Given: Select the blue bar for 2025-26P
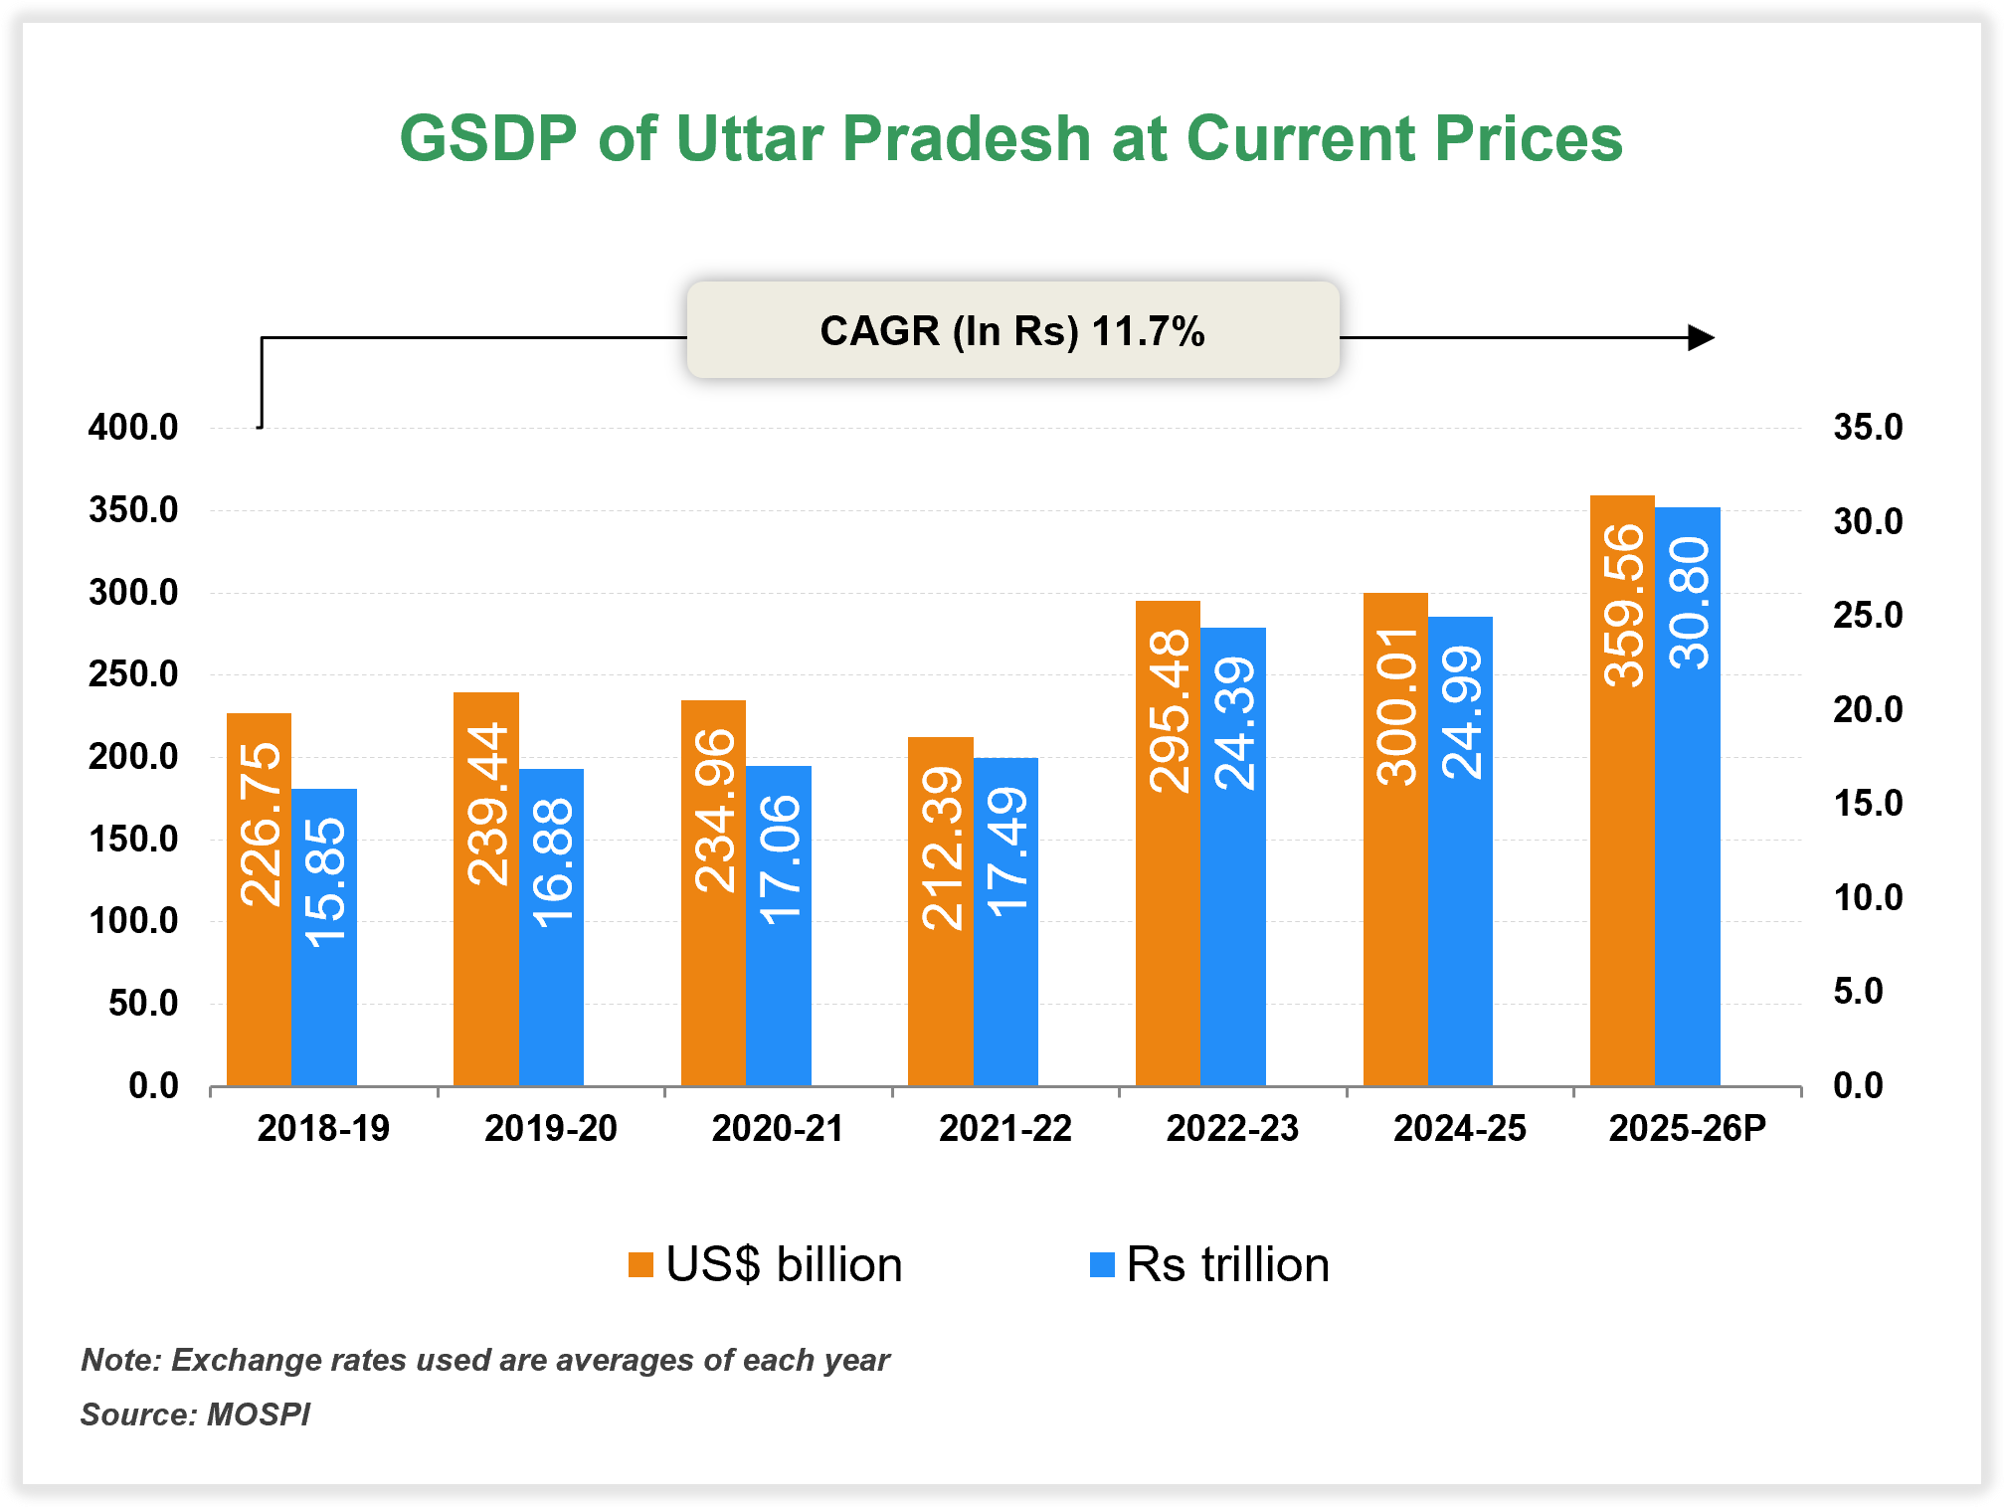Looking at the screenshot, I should [x=1687, y=846].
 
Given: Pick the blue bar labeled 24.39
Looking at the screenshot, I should [x=1232, y=895].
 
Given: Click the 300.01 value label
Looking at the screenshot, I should [x=1397, y=706].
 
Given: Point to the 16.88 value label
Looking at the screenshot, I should [x=552, y=862].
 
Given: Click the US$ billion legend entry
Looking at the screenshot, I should [x=766, y=1265].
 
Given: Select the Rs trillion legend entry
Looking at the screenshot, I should [x=1209, y=1265].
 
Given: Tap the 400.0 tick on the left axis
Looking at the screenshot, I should [x=133, y=428].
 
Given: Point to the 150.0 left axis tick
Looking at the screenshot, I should [x=133, y=840].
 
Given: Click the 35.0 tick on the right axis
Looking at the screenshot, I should [x=1868, y=428].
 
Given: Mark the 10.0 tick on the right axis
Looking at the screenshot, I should [x=1868, y=898].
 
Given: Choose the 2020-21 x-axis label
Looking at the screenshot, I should [x=778, y=1129].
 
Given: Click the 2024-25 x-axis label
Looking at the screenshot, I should [x=1459, y=1129].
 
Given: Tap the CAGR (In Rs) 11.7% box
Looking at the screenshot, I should [x=1012, y=330].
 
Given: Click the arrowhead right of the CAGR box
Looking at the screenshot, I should [x=1702, y=338].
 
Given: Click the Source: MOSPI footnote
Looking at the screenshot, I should [x=195, y=1414].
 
